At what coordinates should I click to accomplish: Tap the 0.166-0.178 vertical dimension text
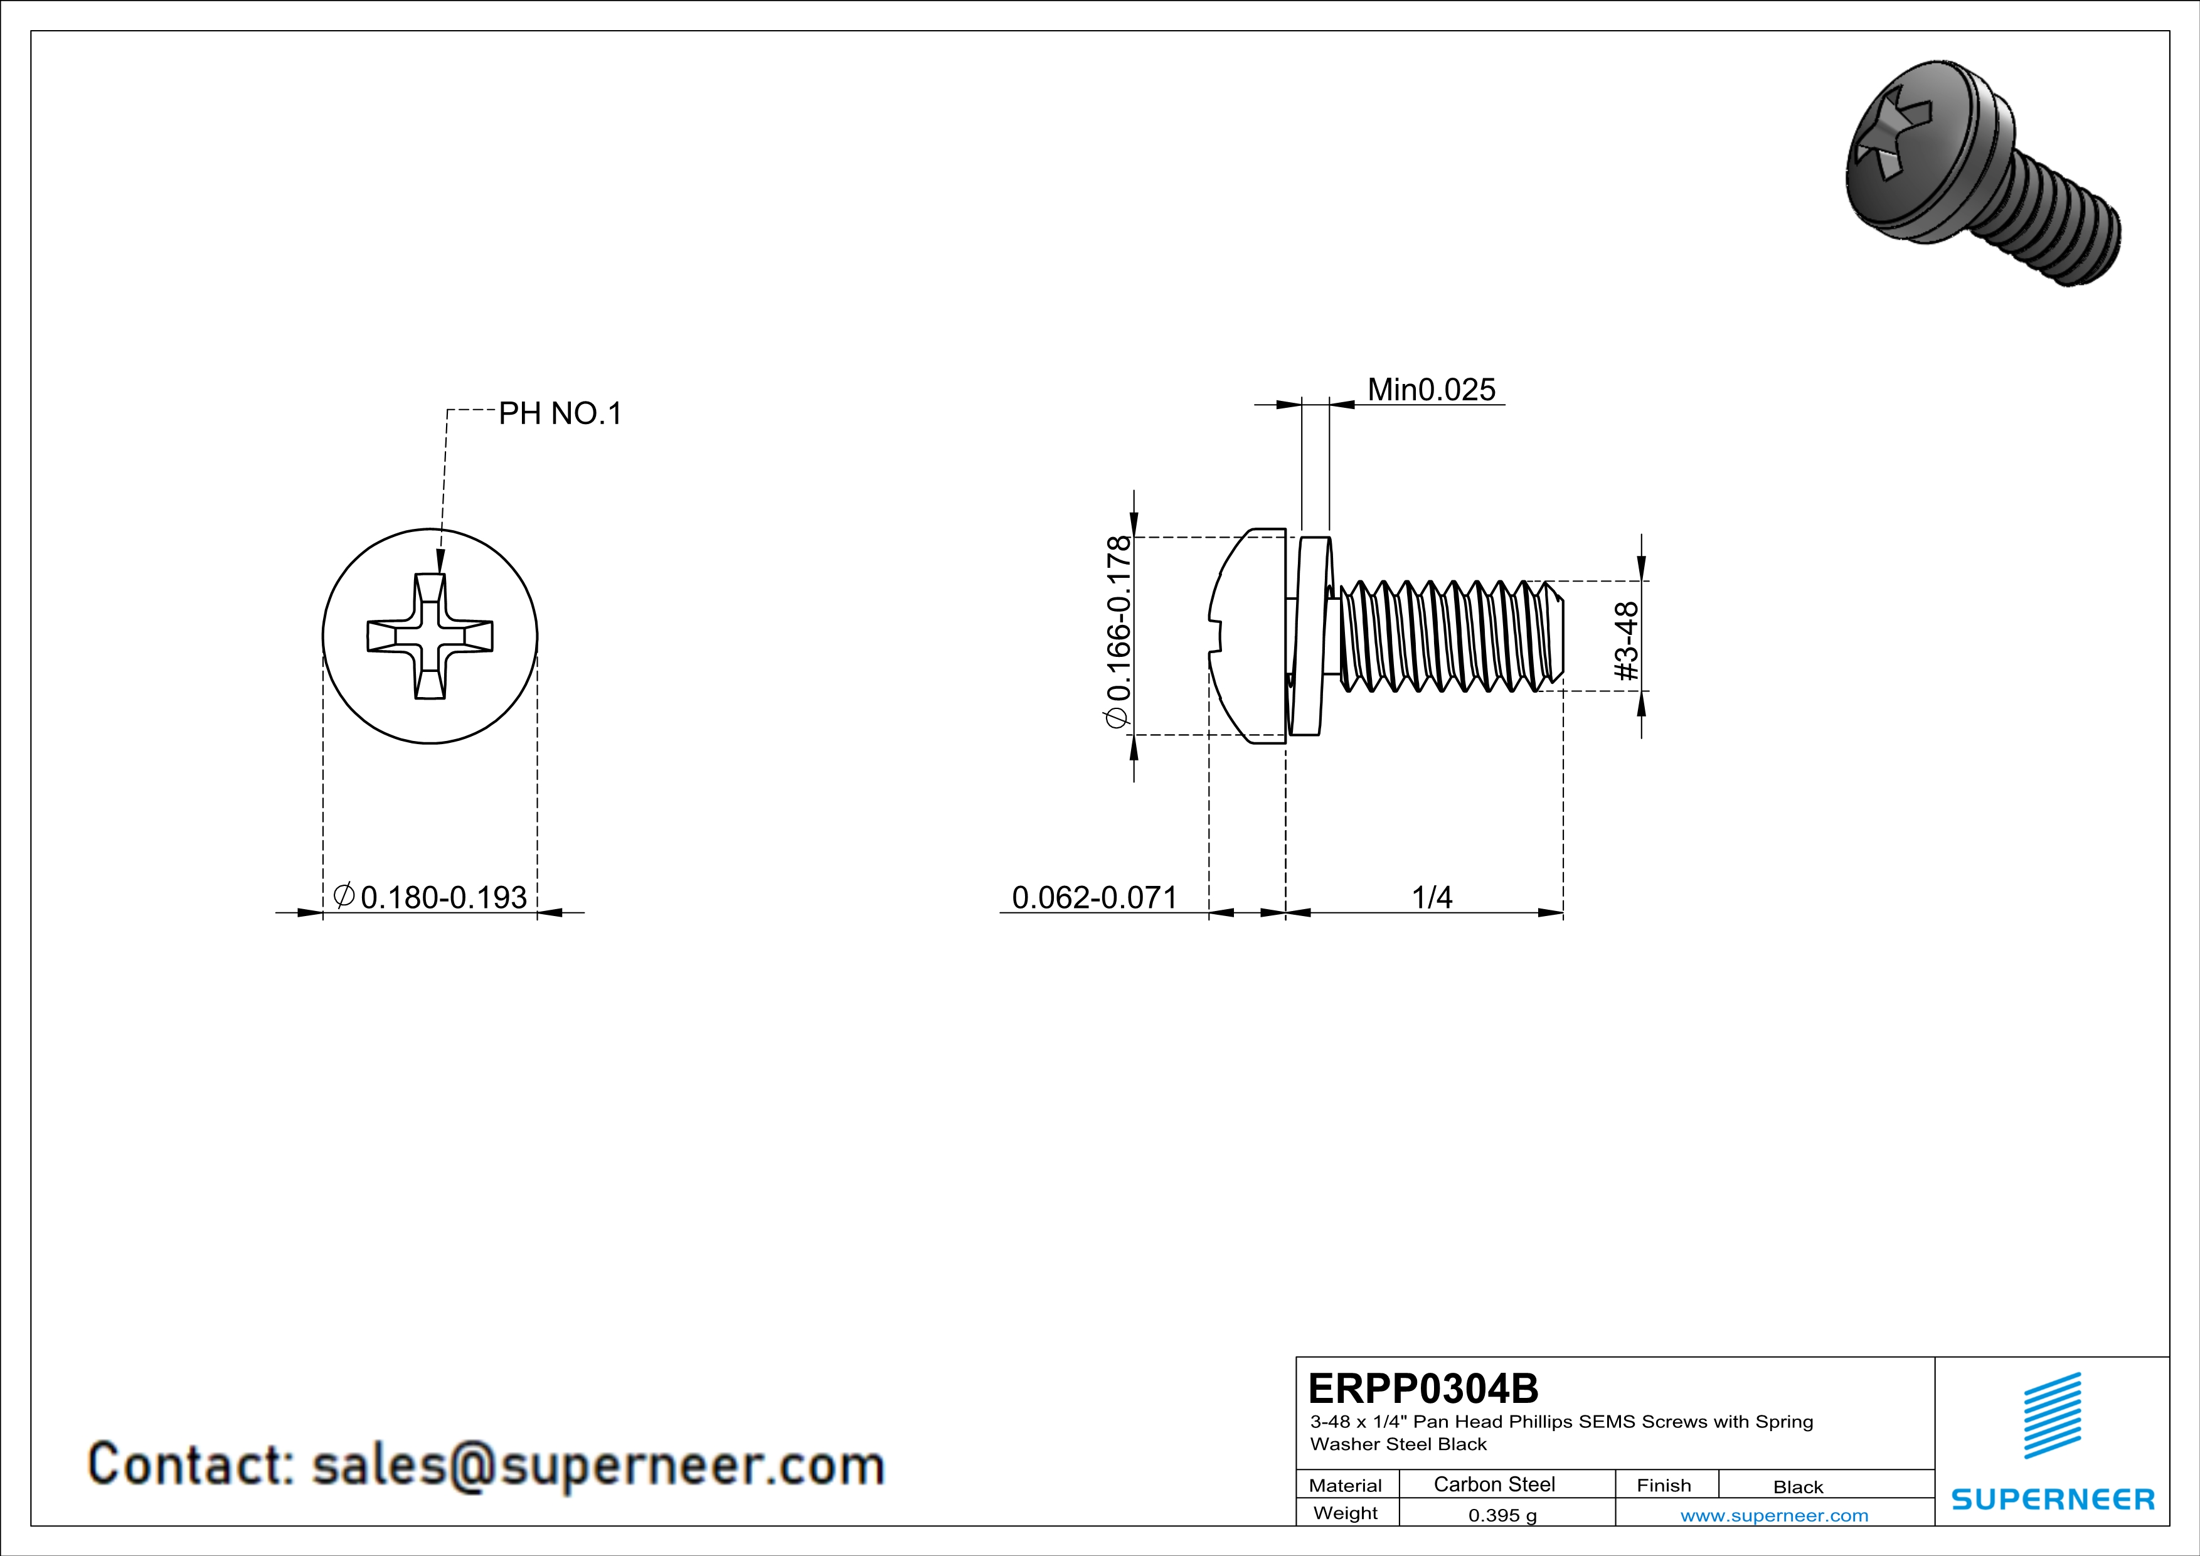click(x=1119, y=632)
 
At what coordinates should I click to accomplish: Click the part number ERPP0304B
click(x=1423, y=1387)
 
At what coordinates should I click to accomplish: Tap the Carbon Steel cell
click(x=1494, y=1484)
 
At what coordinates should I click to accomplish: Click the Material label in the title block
click(x=1346, y=1485)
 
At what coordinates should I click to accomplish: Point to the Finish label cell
click(x=1664, y=1485)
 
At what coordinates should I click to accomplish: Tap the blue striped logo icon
click(x=2053, y=1415)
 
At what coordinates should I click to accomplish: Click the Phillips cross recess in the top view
click(x=430, y=636)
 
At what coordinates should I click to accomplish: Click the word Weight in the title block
click(x=1346, y=1513)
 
